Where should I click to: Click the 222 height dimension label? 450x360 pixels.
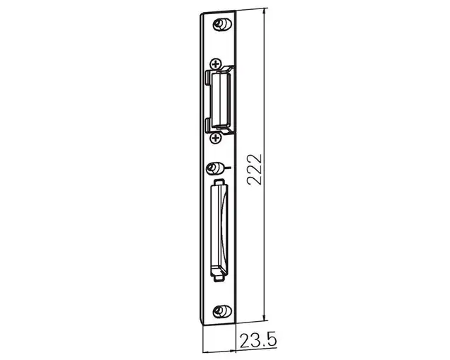tap(255, 170)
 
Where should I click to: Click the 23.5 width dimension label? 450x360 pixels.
tap(258, 340)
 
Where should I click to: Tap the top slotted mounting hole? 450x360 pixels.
tap(222, 24)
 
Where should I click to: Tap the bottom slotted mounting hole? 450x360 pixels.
tap(222, 311)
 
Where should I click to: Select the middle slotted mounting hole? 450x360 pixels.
tap(216, 168)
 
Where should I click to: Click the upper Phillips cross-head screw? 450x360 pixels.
tap(216, 64)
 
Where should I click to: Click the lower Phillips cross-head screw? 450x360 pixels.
tap(216, 139)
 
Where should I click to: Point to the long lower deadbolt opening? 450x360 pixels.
tap(219, 229)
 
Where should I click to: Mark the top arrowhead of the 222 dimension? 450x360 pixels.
tap(265, 11)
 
